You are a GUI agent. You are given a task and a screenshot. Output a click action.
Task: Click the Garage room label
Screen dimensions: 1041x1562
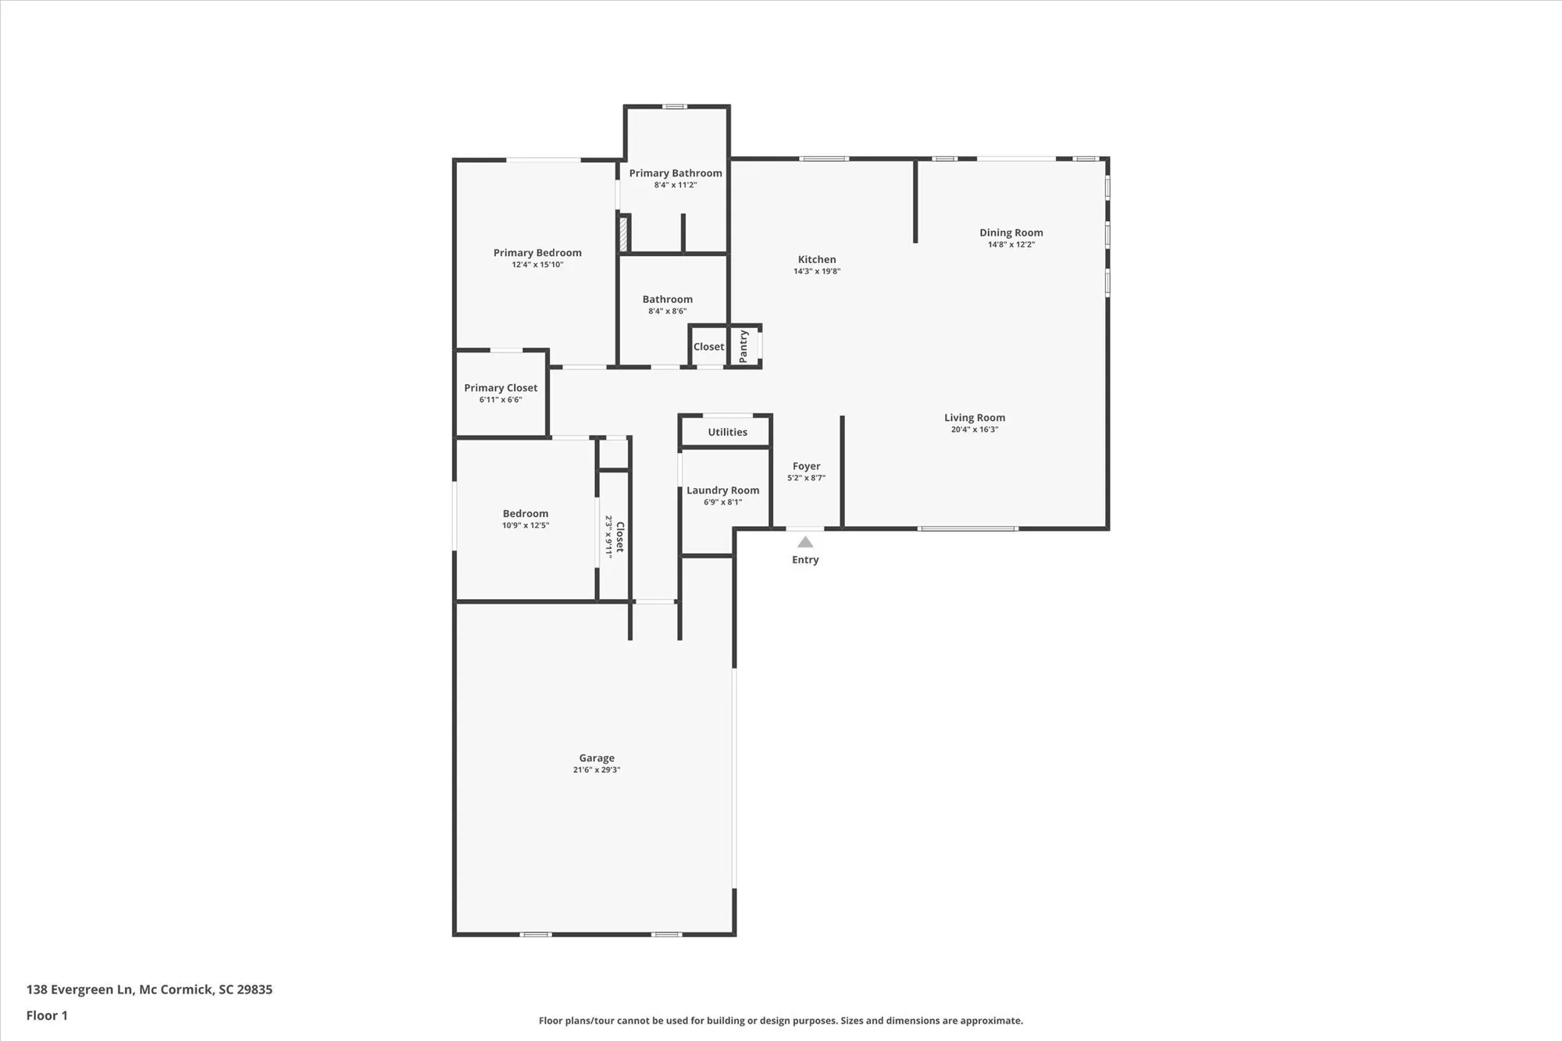(597, 758)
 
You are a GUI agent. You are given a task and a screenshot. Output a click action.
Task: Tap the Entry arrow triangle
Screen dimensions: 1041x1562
(805, 542)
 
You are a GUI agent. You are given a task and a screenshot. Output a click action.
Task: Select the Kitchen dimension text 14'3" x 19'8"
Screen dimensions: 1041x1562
(817, 271)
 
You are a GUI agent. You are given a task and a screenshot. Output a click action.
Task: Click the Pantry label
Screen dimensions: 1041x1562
(744, 346)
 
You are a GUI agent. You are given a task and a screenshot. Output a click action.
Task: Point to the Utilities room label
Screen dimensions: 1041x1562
(727, 432)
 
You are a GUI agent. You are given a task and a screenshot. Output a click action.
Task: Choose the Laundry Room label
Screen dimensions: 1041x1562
(722, 490)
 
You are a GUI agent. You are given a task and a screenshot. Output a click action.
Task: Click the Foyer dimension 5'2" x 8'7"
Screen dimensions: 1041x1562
(806, 478)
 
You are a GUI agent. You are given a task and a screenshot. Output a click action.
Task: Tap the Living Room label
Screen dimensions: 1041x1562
(974, 418)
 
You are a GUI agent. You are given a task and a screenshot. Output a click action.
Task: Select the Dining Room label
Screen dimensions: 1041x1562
(1011, 233)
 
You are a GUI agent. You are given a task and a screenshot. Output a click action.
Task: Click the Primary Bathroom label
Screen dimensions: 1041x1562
(676, 173)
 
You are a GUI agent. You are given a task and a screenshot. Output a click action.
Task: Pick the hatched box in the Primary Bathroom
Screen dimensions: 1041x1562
(623, 234)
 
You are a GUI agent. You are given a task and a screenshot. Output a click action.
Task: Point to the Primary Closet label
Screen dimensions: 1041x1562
(501, 388)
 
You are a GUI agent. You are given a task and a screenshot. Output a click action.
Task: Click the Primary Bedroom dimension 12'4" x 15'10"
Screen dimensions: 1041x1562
(537, 265)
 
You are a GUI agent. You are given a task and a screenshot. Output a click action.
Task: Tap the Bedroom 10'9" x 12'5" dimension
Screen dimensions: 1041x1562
(526, 526)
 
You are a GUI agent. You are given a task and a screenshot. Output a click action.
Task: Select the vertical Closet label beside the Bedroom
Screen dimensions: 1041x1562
(620, 537)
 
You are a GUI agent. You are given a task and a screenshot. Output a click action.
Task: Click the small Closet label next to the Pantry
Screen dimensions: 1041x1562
(708, 347)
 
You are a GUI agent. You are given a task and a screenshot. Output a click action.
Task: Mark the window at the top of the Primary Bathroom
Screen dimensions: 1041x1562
(675, 106)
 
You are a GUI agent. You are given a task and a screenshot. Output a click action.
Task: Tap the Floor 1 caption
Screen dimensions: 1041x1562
(47, 1015)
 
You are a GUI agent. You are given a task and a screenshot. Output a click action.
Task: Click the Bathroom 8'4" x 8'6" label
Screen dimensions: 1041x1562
(667, 300)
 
